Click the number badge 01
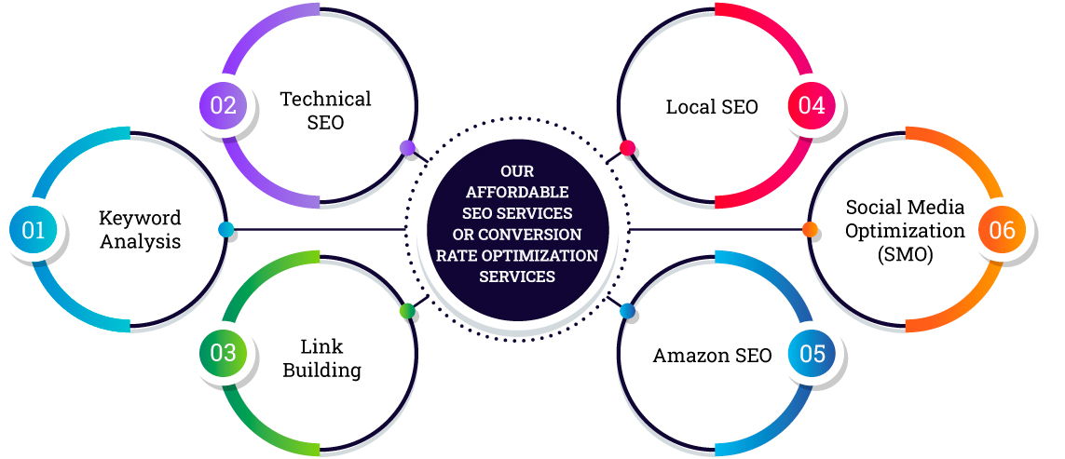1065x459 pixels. click(34, 229)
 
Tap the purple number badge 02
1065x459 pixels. click(224, 104)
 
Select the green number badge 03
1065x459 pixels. click(224, 353)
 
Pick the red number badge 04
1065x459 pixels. click(812, 105)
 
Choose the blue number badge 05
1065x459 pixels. click(812, 354)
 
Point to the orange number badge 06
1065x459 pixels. click(1003, 229)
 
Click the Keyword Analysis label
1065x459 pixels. click(140, 229)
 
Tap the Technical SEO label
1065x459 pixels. click(325, 110)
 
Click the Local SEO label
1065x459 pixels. click(712, 107)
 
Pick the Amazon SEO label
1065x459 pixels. click(712, 356)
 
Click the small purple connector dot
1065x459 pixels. click(407, 148)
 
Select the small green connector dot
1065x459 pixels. click(407, 311)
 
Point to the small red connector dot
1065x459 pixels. click(627, 148)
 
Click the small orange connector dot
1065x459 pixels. click(810, 229)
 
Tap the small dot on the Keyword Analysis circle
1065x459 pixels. click(225, 229)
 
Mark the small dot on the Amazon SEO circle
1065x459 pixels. click(627, 310)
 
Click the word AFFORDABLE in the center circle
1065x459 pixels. click(516, 192)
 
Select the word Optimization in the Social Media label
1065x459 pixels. click(892, 230)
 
